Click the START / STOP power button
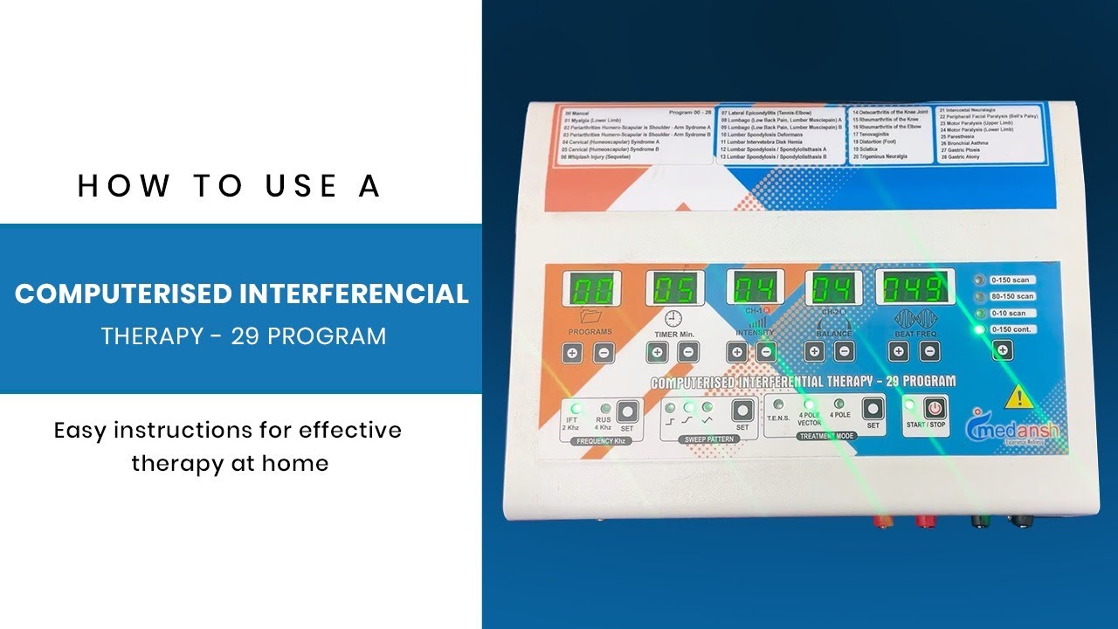click(x=935, y=409)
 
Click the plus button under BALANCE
click(x=814, y=352)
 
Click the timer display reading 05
click(x=675, y=289)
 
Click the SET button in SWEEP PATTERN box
click(x=742, y=410)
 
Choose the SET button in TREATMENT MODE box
click(x=872, y=409)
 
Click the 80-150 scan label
click(x=1013, y=296)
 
